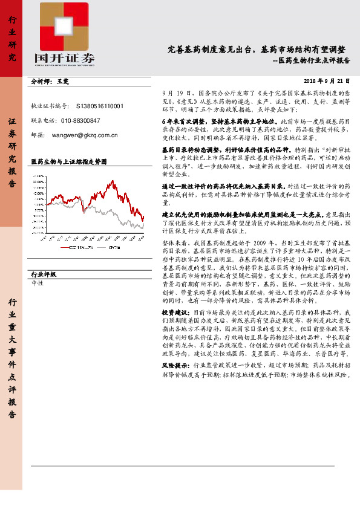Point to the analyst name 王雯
[x=64, y=80]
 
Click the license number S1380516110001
[x=100, y=106]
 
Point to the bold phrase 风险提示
[x=175, y=366]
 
